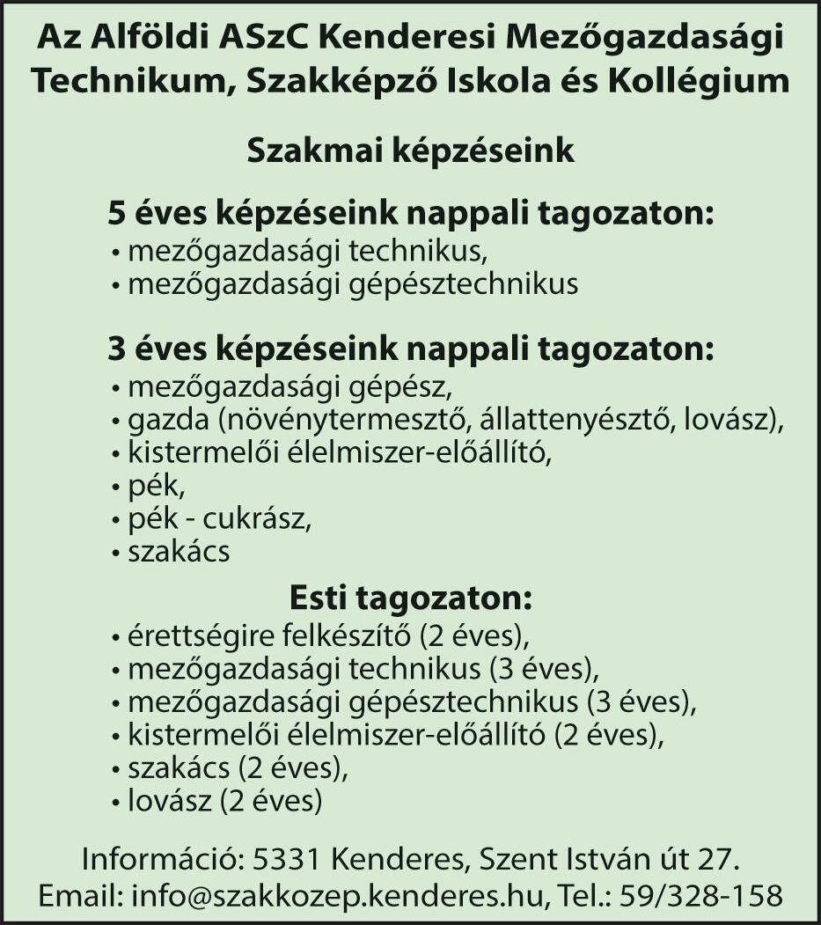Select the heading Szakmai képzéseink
(x=410, y=151)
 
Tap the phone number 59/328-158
(x=700, y=896)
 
